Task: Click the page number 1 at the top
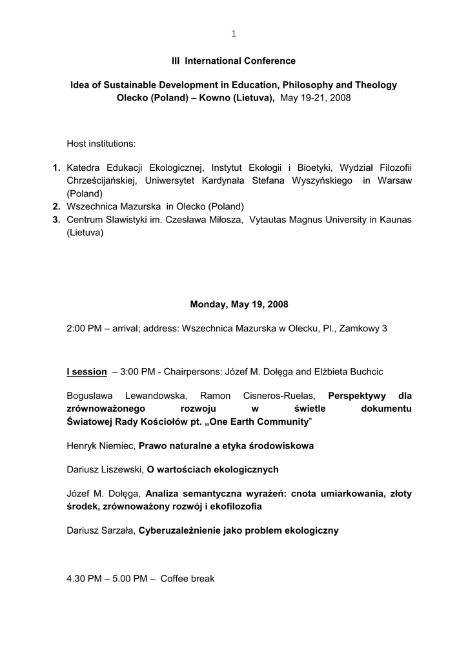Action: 234,34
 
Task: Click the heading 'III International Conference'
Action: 234,61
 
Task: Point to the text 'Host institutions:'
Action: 101,143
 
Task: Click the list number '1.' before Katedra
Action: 57,168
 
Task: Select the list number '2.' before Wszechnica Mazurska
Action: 57,206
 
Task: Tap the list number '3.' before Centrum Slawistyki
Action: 57,220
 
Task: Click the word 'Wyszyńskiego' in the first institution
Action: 321,180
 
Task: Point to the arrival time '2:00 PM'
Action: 85,328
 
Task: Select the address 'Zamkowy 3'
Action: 366,328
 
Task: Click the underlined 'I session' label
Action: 86,372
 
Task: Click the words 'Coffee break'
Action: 187,579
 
